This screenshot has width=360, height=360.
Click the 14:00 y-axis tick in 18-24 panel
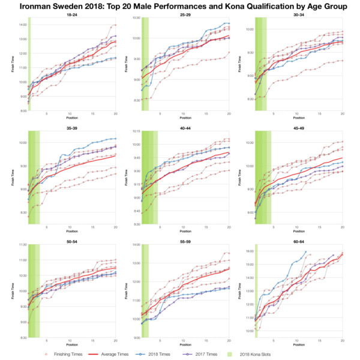click(23, 25)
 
